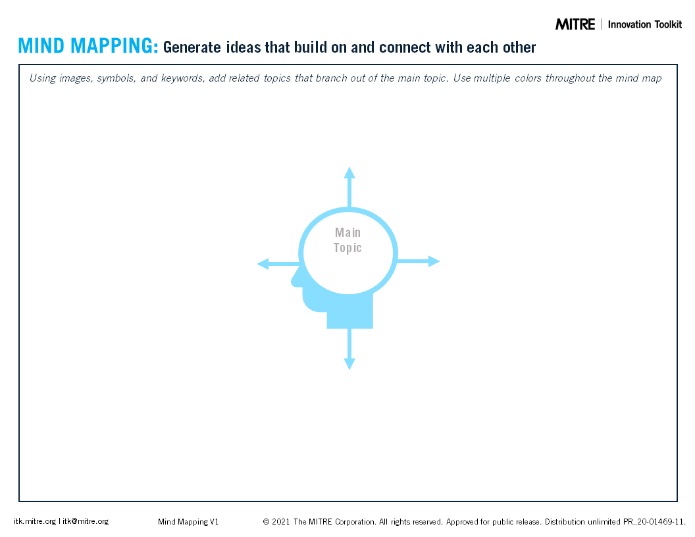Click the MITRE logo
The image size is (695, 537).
click(575, 24)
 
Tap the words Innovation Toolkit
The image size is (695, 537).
click(645, 24)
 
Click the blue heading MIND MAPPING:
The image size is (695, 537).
click(88, 46)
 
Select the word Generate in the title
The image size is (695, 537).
click(192, 47)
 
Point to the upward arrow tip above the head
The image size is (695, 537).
click(349, 168)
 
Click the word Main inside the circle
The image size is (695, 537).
click(348, 232)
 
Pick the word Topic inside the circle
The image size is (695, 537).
click(347, 247)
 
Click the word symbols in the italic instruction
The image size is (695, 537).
click(116, 78)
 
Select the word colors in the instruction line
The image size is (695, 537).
click(528, 78)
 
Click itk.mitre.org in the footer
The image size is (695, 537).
click(35, 521)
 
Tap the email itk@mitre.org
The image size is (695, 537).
click(86, 521)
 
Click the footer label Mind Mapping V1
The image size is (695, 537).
click(188, 522)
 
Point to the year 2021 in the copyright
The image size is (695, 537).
click(280, 522)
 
